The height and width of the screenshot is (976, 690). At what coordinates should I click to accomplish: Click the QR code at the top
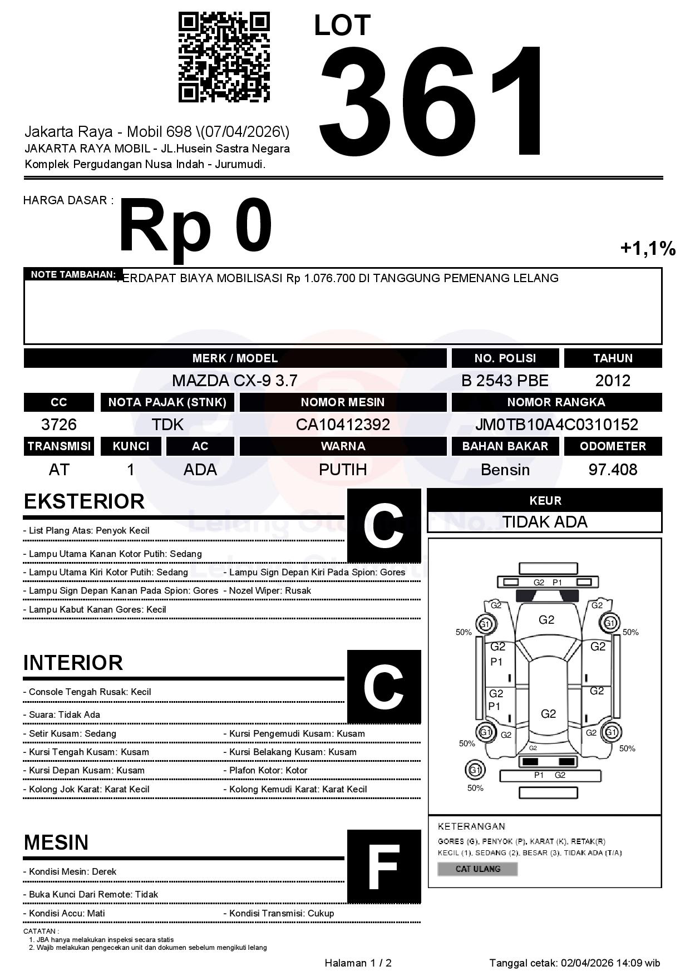(x=224, y=58)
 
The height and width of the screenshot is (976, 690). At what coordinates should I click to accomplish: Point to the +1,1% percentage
(x=648, y=248)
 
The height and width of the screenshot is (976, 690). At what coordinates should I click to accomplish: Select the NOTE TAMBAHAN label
(x=73, y=274)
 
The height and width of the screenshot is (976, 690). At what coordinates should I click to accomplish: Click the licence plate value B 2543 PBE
(x=505, y=381)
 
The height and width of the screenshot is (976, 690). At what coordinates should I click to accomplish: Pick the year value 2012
(x=613, y=381)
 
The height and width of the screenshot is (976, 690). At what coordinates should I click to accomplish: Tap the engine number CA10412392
(x=343, y=425)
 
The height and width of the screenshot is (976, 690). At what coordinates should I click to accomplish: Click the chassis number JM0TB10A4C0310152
(x=556, y=425)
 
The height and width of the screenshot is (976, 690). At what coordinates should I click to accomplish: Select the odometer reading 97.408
(x=613, y=470)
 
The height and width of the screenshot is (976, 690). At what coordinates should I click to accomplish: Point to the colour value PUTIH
(x=343, y=470)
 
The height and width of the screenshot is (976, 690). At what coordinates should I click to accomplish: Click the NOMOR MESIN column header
(x=343, y=402)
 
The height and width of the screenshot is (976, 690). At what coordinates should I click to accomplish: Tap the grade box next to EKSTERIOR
(x=384, y=525)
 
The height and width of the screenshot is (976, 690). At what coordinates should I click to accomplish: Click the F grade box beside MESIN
(x=384, y=866)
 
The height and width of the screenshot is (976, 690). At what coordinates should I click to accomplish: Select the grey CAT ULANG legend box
(x=477, y=869)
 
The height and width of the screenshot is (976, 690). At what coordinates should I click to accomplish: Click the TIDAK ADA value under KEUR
(x=545, y=522)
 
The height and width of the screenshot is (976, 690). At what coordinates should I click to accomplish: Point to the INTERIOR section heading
(x=73, y=663)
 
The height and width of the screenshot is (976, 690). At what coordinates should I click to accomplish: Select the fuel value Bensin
(x=505, y=470)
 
